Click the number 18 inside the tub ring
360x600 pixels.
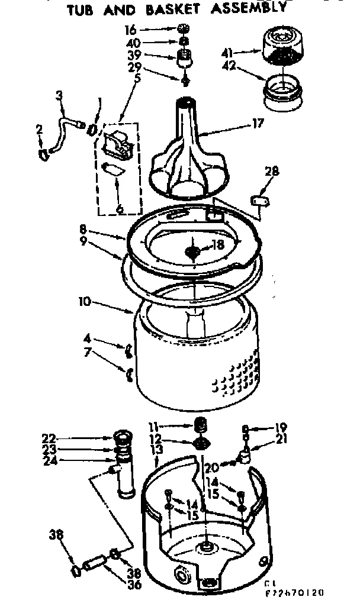pyautogui.click(x=218, y=244)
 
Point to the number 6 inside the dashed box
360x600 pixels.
pyautogui.click(x=119, y=208)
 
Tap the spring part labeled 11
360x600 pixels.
pyautogui.click(x=201, y=424)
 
